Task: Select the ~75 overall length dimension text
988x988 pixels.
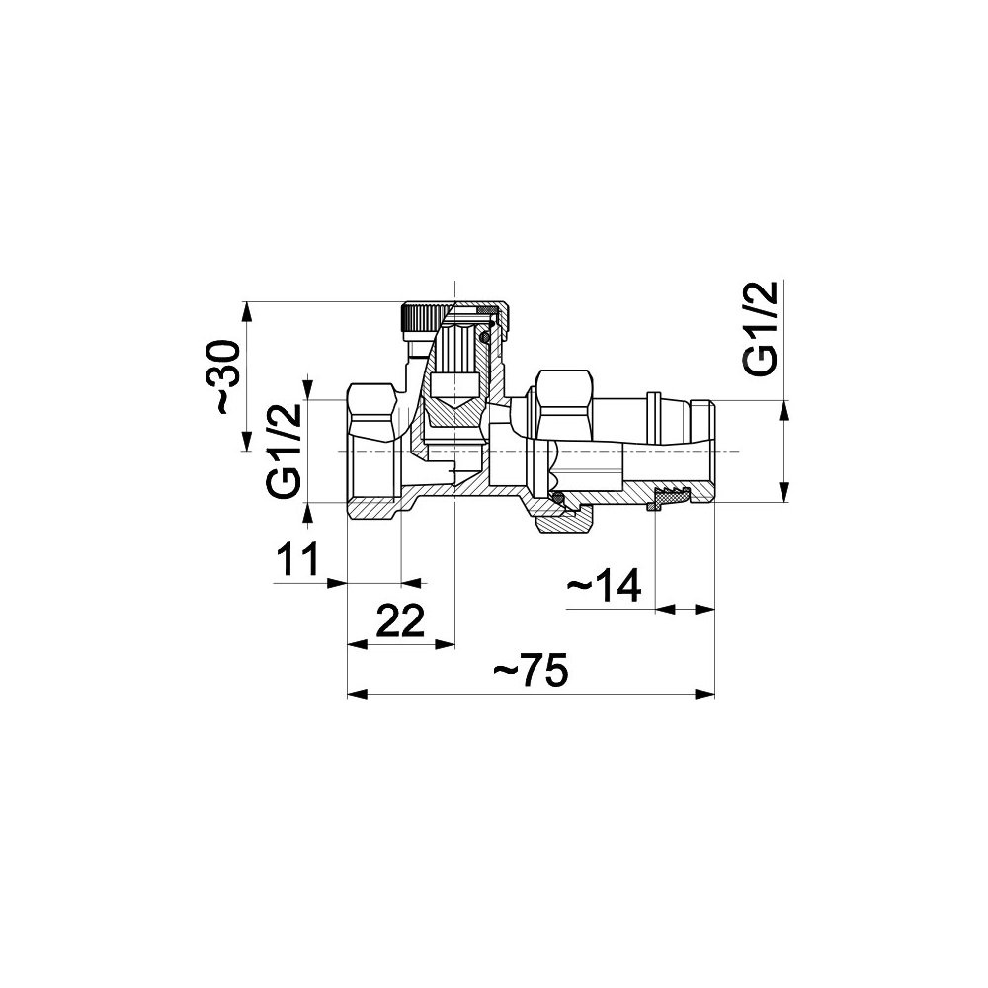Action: point(531,670)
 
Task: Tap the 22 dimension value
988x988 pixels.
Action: point(401,620)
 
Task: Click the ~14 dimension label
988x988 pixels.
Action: point(604,585)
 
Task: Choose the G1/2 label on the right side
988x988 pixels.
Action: point(761,328)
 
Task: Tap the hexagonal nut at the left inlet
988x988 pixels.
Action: point(372,413)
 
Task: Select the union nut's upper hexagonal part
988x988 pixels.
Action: point(563,405)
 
